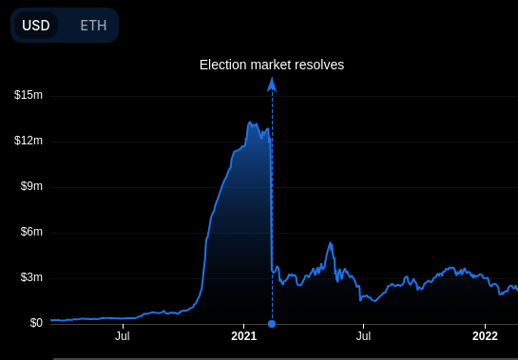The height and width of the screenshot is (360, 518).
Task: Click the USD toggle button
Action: coord(35,26)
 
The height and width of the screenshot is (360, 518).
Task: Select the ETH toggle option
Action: coord(93,26)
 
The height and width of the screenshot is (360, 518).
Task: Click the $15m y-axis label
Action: coord(29,95)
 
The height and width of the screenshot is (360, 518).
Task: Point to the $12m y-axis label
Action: coord(29,141)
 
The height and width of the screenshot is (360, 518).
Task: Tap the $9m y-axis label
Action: coord(31,186)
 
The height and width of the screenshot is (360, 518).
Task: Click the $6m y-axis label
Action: coord(31,232)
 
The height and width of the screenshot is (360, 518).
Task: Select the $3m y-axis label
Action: coord(31,277)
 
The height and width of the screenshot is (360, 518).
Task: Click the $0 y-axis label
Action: coord(36,323)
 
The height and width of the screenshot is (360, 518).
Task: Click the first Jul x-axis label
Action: coord(123,335)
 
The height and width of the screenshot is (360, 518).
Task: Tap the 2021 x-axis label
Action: coord(244,335)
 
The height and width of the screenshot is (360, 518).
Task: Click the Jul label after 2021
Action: coord(363,335)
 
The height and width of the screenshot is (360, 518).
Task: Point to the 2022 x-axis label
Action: coord(485,335)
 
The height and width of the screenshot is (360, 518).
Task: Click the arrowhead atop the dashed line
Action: coord(272,84)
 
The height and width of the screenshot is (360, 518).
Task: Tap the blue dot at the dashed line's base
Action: coord(272,324)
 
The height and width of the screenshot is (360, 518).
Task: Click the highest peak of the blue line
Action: coord(249,123)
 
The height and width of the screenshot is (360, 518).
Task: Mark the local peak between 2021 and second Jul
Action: coord(330,244)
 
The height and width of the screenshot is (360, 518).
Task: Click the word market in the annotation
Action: coord(272,65)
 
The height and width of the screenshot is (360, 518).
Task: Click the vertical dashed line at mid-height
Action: coord(272,204)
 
